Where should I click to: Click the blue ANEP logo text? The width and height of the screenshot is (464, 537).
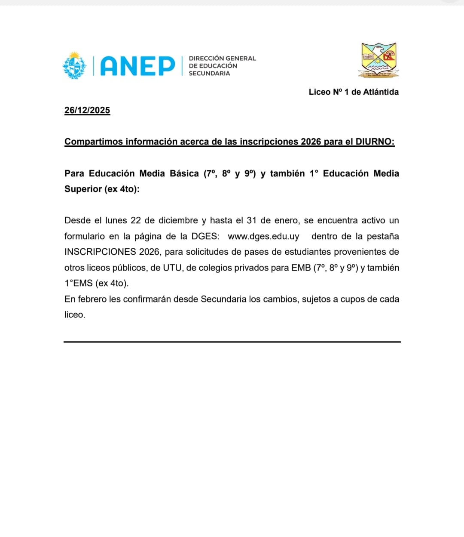click(x=137, y=66)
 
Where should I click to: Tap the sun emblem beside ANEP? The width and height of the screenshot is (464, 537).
click(x=75, y=65)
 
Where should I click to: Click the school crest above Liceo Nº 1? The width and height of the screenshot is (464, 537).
click(x=379, y=60)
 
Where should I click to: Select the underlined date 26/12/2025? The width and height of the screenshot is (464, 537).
click(x=87, y=110)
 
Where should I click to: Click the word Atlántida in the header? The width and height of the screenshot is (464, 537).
click(x=381, y=92)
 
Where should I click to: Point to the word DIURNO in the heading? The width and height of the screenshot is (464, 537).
click(x=375, y=142)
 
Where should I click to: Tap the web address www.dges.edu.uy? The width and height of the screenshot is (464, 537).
click(x=263, y=236)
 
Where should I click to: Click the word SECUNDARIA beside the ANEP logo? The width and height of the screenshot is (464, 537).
click(x=209, y=74)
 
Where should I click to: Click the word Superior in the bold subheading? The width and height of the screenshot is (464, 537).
click(x=82, y=189)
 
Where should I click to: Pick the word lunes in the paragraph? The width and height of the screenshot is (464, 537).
click(x=116, y=220)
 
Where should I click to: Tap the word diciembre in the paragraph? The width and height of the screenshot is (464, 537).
click(x=178, y=220)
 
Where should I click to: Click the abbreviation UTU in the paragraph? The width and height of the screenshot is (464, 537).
click(x=172, y=268)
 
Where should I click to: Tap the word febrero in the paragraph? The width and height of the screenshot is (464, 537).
click(x=92, y=299)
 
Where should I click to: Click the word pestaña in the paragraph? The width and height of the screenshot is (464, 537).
click(x=383, y=236)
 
